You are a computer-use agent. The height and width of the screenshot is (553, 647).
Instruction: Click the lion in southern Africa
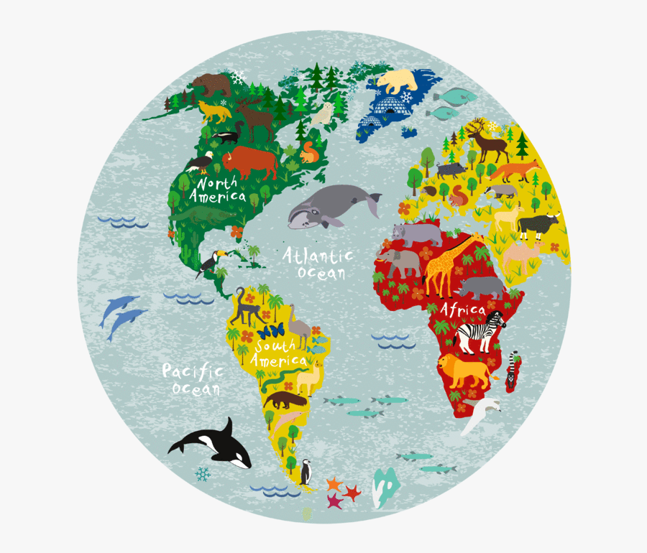coord(463,370)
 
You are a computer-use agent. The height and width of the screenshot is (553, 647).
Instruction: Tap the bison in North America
coord(249,164)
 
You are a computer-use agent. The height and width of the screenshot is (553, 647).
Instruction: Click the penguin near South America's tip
coord(306,471)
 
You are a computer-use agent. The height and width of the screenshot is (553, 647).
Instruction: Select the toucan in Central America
coord(211,263)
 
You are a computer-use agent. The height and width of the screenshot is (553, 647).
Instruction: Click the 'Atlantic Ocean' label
coord(317,264)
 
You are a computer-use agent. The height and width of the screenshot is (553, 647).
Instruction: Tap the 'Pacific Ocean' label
coord(193,379)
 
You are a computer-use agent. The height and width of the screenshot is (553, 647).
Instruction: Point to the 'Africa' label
coord(464,310)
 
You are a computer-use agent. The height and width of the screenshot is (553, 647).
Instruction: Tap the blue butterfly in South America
coord(271,332)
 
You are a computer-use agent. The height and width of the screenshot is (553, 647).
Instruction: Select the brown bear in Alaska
coord(211,85)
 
